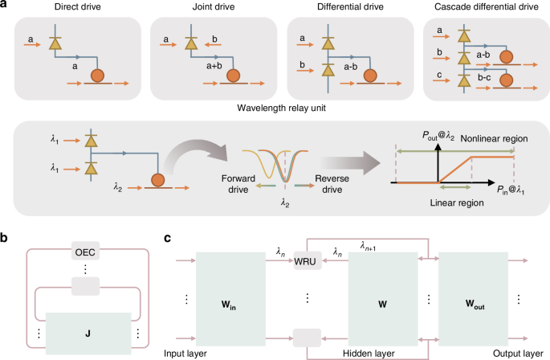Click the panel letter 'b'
pos(6,236)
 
